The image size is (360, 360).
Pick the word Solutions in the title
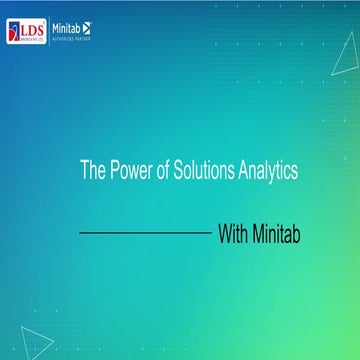[x=203, y=172]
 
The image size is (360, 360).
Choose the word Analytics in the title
[x=266, y=172]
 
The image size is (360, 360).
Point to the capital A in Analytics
[x=240, y=172]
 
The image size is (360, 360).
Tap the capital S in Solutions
[x=181, y=172]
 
